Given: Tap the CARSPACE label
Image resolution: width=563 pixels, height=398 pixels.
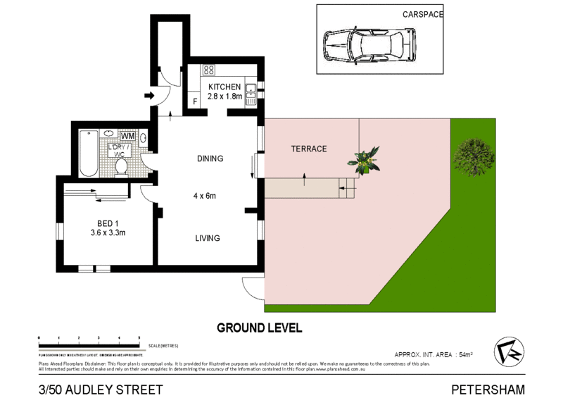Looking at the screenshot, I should tap(423, 14).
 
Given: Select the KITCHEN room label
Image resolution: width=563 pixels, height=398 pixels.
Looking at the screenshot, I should tap(224, 87).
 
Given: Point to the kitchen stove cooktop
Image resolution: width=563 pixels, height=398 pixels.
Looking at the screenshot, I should tap(208, 69).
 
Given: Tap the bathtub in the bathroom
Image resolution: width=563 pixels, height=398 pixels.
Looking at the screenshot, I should tap(88, 153).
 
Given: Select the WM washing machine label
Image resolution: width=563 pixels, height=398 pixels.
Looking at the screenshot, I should tap(128, 136).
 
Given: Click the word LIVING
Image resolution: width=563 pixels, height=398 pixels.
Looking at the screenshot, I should tap(208, 238).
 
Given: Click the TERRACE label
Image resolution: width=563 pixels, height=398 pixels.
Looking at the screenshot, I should tap(309, 149).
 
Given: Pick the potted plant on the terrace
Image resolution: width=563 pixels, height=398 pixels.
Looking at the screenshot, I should tap(365, 160).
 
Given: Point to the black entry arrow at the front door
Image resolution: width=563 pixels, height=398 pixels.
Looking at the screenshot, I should tap(148, 95).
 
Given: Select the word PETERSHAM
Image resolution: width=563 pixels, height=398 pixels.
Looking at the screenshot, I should tap(489, 389).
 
